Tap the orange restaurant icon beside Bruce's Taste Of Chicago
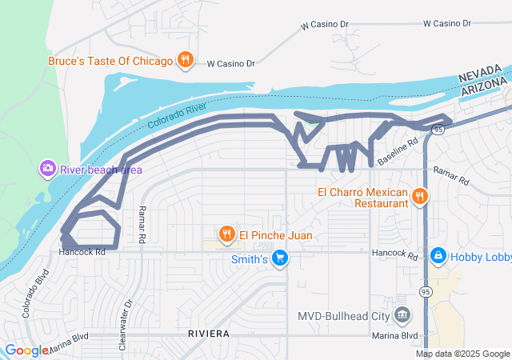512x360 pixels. coord(186,60)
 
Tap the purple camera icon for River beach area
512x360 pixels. coord(47,168)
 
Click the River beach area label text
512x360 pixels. coord(101,169)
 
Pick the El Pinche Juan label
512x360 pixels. coord(276,235)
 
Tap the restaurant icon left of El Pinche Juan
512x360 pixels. coord(228,234)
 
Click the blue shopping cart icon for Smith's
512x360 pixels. coord(279,258)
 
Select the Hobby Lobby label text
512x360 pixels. coord(481,256)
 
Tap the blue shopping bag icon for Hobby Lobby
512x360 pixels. coord(438,256)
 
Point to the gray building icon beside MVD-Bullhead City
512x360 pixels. coord(402,314)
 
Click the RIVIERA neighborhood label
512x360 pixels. coord(210,333)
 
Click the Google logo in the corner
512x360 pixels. coord(26,350)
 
